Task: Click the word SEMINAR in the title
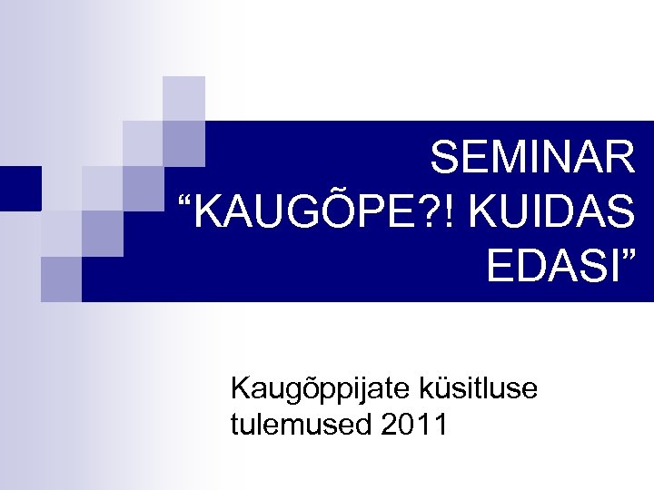532,159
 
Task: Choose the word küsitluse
479,390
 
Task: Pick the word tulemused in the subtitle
298,424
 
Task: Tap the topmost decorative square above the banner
183,97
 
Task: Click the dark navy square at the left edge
20,188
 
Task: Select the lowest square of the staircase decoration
61,278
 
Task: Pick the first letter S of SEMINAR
445,159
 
